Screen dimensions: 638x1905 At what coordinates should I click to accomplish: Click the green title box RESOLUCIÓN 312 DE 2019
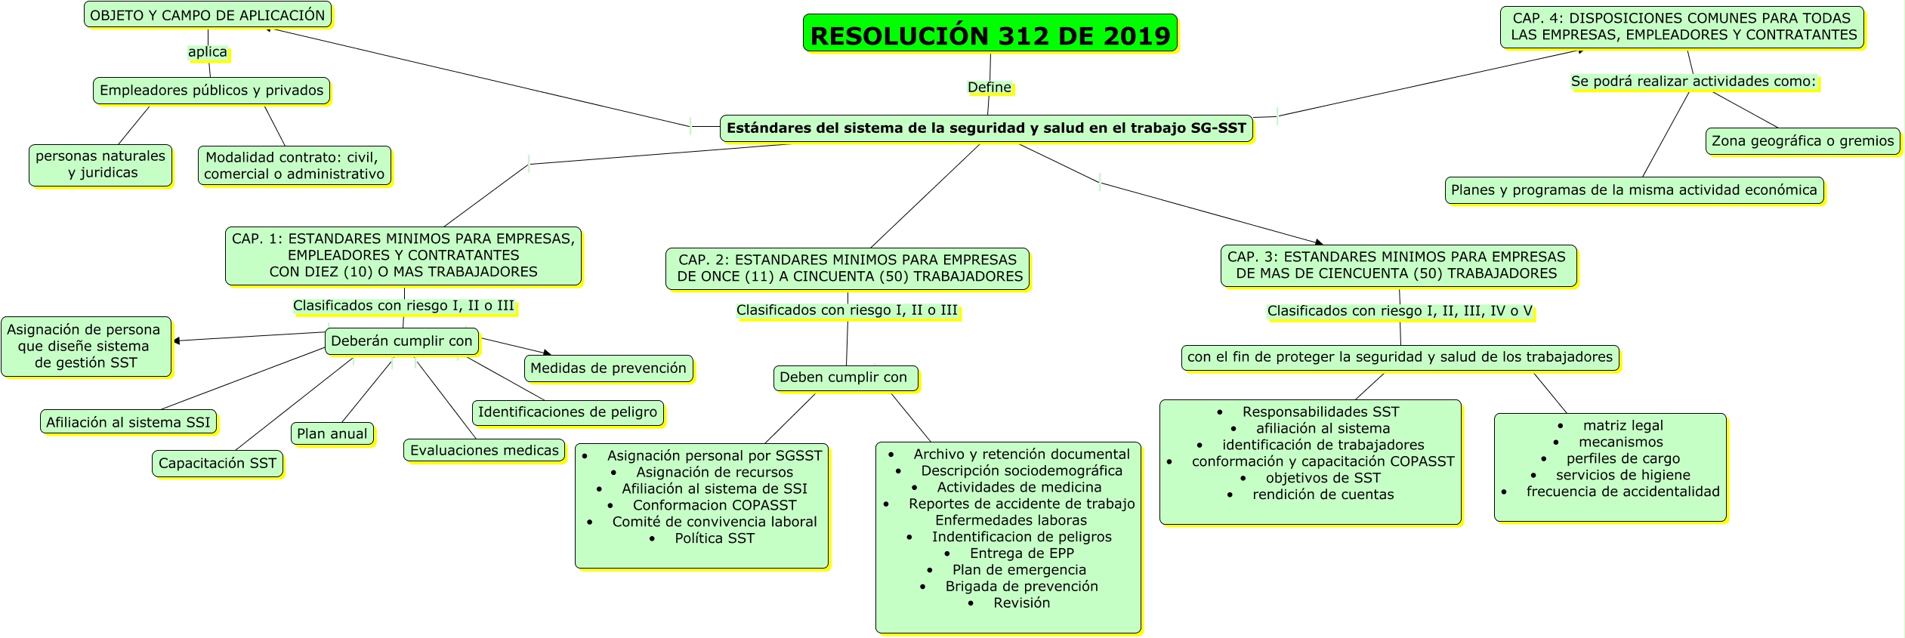click(990, 34)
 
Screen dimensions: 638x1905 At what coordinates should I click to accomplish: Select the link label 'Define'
click(990, 88)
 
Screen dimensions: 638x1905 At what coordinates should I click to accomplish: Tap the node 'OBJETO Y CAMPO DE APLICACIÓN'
click(207, 15)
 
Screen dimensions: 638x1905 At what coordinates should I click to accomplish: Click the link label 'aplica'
click(208, 52)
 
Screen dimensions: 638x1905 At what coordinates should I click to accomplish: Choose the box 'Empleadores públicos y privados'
click(211, 91)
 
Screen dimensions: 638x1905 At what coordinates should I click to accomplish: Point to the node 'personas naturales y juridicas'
click(100, 165)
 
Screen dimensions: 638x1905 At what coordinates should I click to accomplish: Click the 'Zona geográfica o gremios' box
click(1802, 141)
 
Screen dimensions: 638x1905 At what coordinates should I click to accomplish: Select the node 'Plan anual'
click(332, 434)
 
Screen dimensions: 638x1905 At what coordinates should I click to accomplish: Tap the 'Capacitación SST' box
click(218, 464)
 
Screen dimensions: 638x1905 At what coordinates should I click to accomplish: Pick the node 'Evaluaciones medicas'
click(484, 451)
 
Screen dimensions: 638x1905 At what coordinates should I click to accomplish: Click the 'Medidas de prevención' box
click(608, 368)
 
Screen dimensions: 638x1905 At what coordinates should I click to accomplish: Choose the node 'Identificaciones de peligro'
click(567, 412)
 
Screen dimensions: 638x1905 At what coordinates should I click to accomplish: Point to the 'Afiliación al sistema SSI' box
click(128, 423)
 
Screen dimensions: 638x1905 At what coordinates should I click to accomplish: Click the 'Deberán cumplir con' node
click(401, 341)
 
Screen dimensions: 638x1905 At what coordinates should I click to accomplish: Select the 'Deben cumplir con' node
click(844, 378)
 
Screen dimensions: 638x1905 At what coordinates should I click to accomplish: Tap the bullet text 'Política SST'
click(715, 538)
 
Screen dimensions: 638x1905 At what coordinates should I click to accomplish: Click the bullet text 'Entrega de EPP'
click(1022, 553)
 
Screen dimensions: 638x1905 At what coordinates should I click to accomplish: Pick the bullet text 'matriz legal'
click(1622, 426)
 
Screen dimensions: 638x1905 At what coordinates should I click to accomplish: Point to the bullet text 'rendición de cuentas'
click(1323, 495)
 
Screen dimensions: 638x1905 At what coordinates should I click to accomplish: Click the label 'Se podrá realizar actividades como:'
click(1694, 82)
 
